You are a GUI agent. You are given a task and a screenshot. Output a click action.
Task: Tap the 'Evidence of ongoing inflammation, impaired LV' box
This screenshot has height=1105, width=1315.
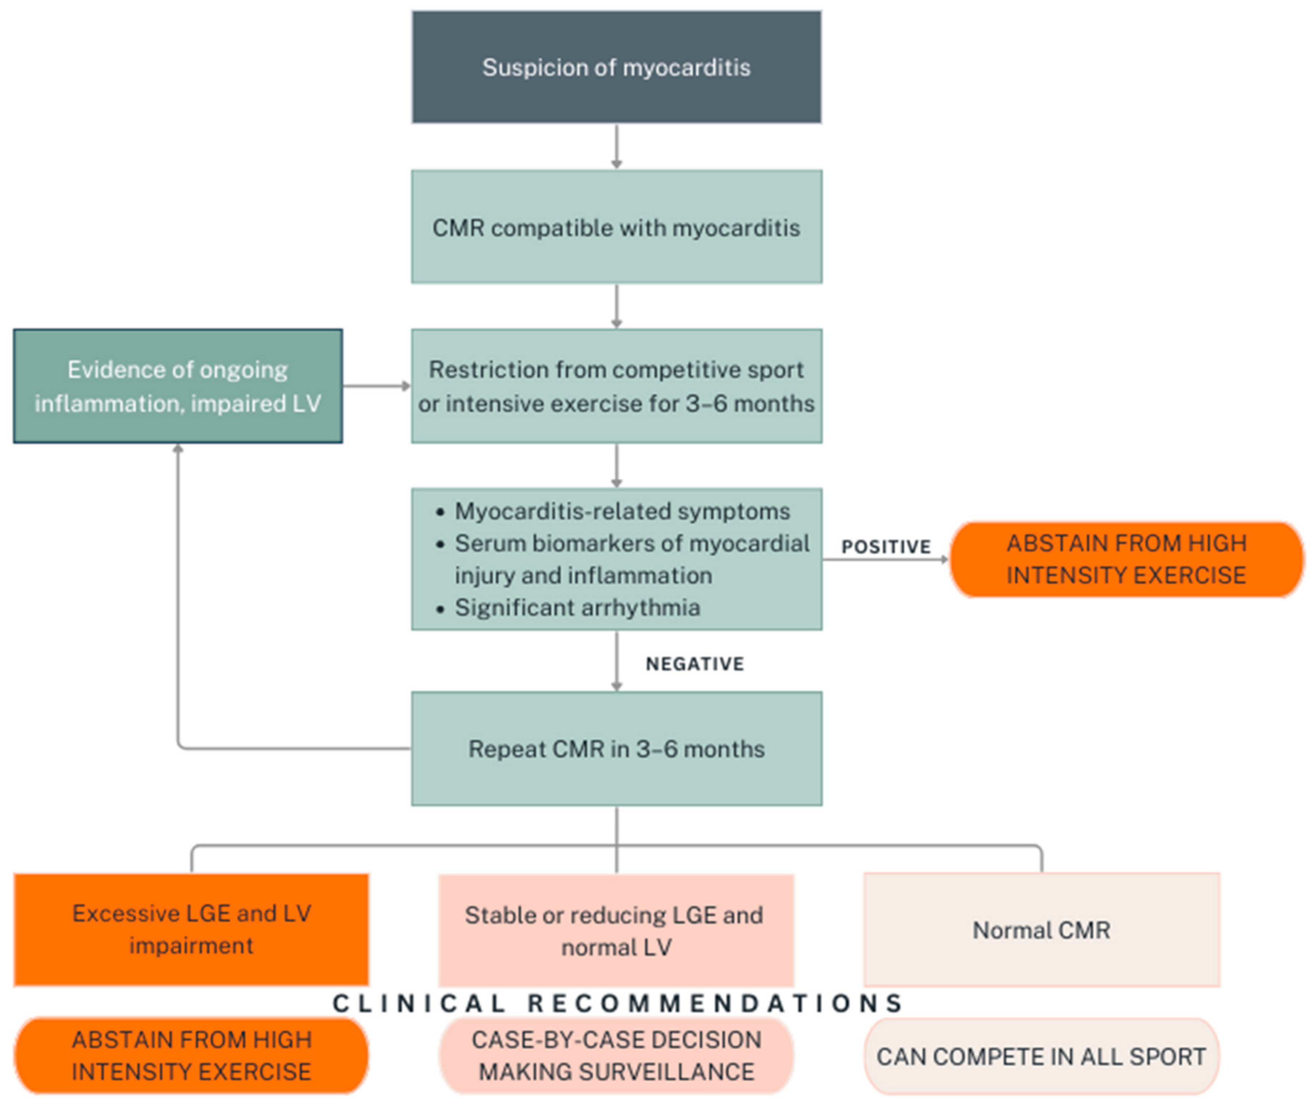coord(178,386)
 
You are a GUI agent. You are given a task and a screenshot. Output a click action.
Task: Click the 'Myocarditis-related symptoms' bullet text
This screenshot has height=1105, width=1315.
coord(622,511)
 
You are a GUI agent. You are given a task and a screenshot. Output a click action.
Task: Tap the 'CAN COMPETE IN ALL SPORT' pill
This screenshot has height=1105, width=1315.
coord(1041,1057)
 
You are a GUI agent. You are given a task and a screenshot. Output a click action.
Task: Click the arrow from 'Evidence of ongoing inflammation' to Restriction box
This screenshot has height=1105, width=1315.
coord(376,386)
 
